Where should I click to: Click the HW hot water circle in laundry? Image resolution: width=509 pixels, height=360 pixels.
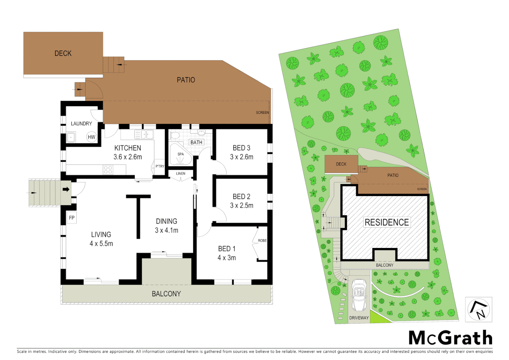coord(91,137)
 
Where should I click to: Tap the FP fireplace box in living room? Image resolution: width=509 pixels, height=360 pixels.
coord(72,218)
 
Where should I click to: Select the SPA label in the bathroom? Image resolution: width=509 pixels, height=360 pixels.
coord(181,154)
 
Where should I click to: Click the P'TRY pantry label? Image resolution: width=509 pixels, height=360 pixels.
coord(160,166)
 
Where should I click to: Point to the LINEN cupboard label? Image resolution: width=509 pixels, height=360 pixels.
coord(181,174)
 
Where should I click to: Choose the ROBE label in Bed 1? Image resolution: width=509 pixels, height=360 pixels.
coord(262,241)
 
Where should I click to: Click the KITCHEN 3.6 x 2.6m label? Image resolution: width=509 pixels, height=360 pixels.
coord(128,152)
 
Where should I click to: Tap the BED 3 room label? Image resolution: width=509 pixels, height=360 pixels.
coord(242,148)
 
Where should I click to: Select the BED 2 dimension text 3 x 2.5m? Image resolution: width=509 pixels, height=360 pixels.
coord(242,206)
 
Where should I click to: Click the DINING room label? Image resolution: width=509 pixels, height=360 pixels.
coord(167,221)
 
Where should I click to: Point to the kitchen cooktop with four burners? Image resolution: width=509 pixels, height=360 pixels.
coord(108,170)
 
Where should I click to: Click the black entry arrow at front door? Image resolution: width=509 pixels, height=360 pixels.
coord(66,189)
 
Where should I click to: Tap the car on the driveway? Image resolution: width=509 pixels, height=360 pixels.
coord(359,295)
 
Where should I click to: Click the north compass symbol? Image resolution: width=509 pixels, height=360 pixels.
coord(478,310)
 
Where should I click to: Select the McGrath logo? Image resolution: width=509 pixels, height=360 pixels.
coord(450,338)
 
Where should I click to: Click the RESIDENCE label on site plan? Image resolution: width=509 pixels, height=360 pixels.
coord(386,222)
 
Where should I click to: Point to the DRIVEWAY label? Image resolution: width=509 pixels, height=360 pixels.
coord(359,318)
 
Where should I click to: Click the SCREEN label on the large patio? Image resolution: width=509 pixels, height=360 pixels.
coord(262,113)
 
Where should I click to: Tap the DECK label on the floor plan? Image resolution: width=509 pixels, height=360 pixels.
coord(63,53)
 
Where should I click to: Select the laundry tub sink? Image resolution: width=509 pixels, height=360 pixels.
coord(71,137)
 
